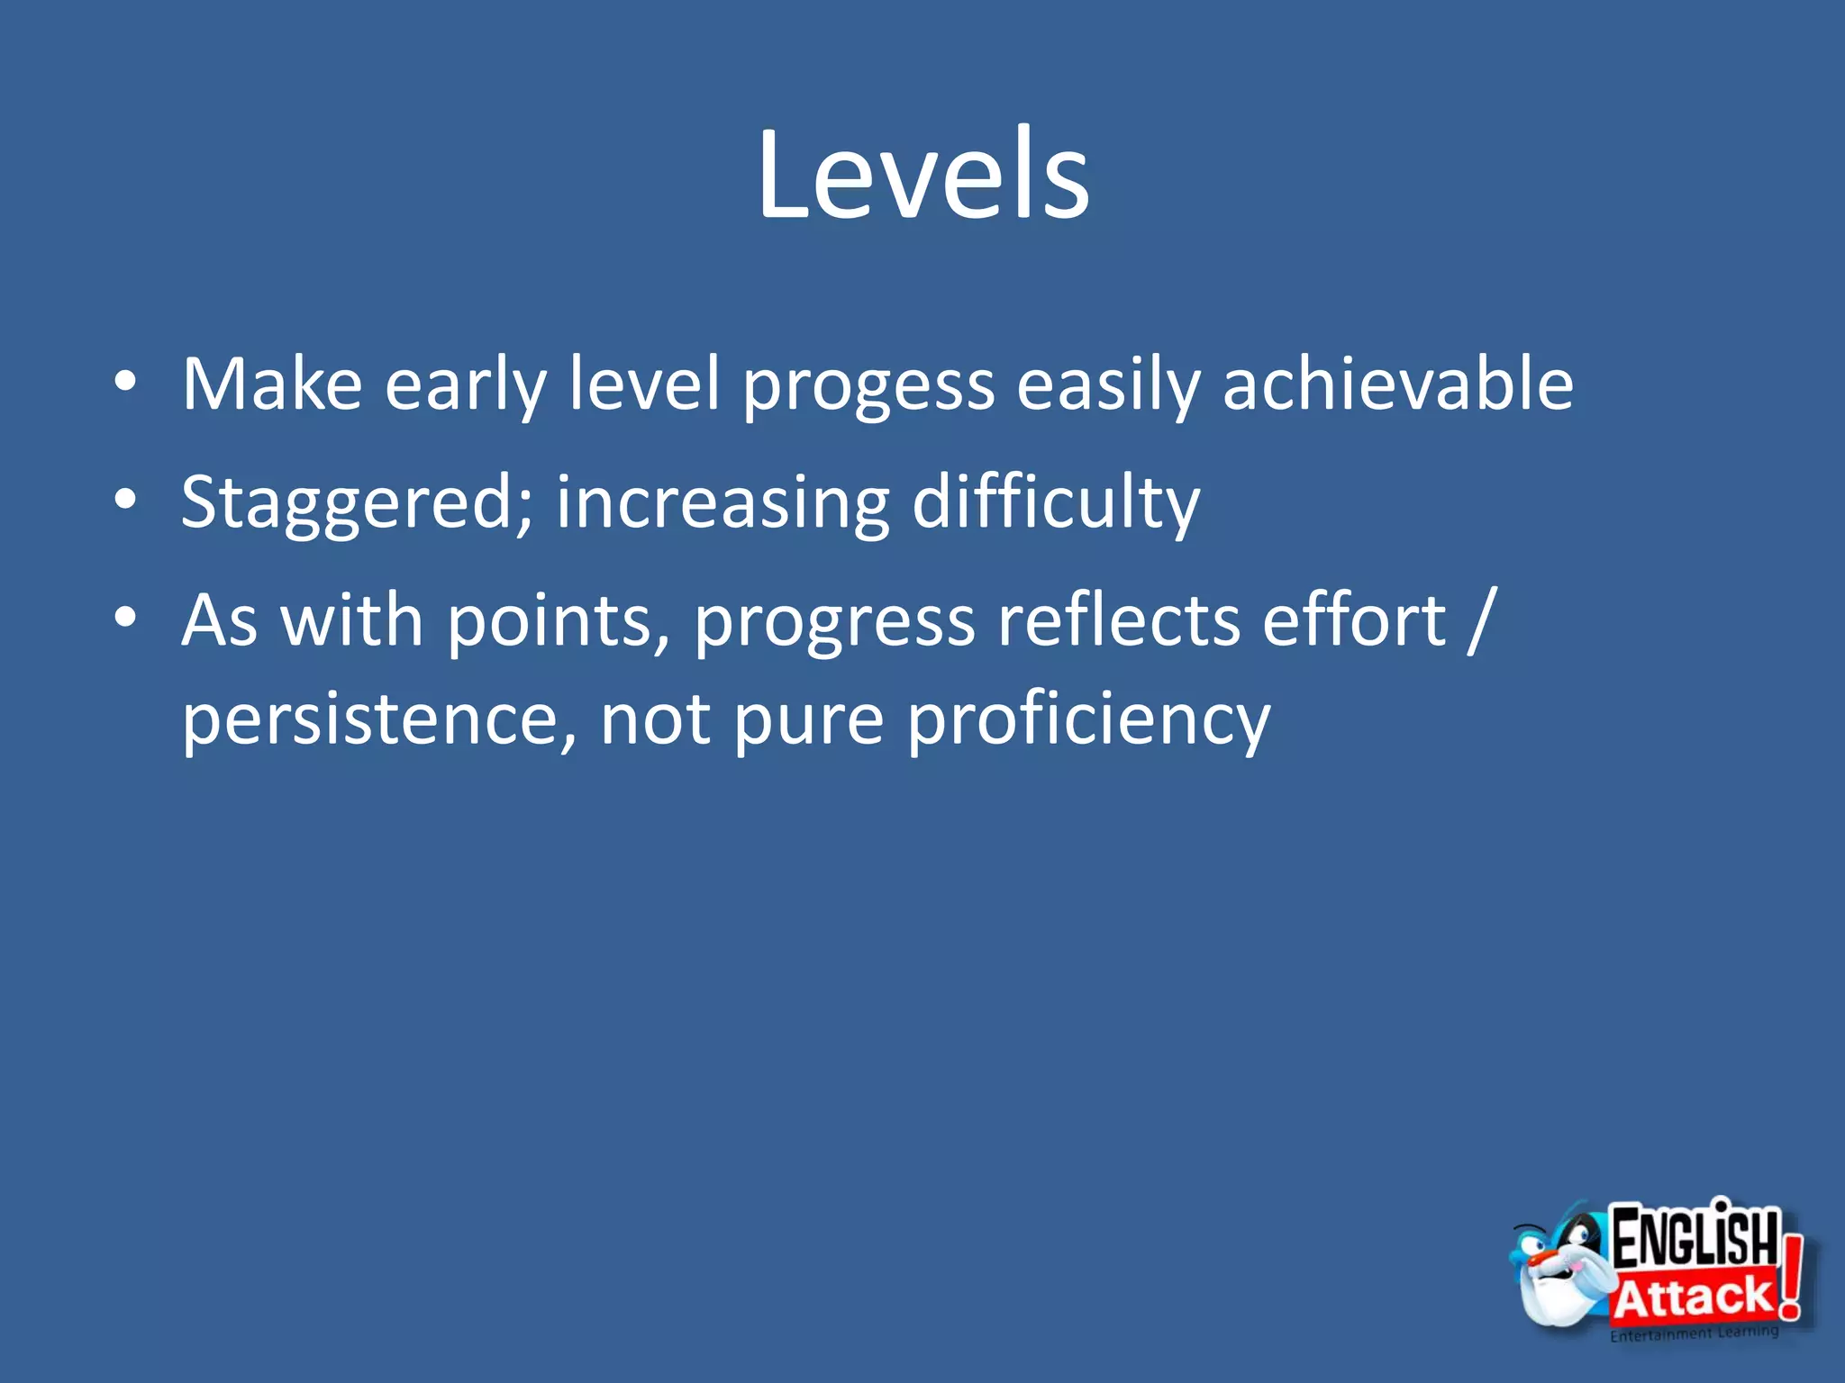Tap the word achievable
click(1397, 384)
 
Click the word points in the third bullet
click(558, 621)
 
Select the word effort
click(1354, 621)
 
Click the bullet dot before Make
click(126, 382)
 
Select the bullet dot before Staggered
click(126, 499)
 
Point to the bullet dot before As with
click(126, 617)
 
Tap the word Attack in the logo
click(1692, 1297)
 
